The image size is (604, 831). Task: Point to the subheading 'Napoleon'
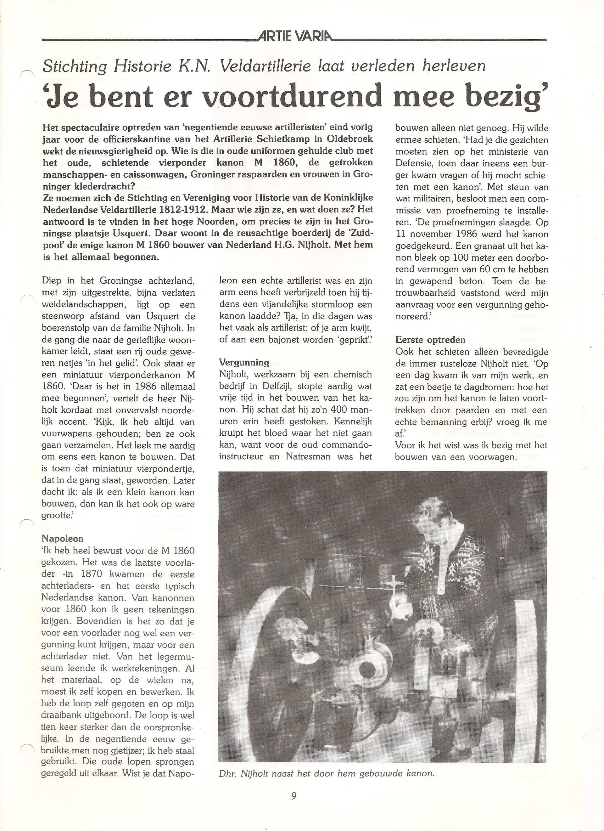(x=63, y=538)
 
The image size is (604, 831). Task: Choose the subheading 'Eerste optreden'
(x=430, y=340)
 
